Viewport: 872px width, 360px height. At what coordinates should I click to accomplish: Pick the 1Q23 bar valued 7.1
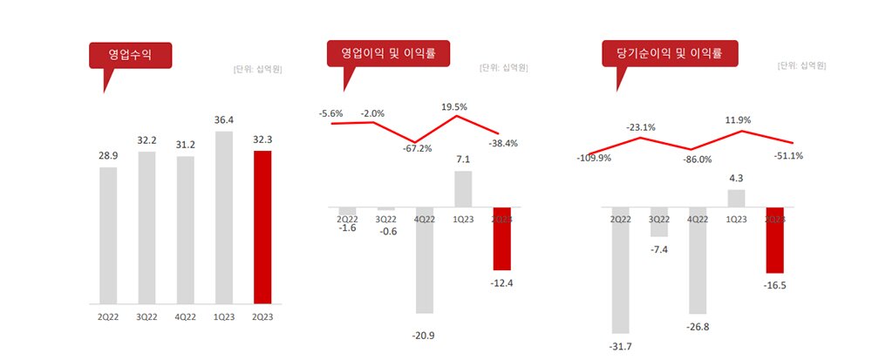pos(463,189)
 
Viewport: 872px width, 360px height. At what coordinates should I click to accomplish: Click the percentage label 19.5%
pos(453,106)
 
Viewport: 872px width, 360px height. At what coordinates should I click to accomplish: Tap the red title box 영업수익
pos(130,55)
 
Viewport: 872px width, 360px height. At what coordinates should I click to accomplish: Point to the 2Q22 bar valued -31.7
pos(621,270)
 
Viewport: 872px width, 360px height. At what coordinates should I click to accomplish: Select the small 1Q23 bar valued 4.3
pos(737,198)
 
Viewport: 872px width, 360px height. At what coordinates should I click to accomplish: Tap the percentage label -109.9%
pos(593,159)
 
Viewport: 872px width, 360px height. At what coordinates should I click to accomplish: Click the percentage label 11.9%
pos(737,120)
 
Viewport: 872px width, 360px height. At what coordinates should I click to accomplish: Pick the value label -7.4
pos(659,249)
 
